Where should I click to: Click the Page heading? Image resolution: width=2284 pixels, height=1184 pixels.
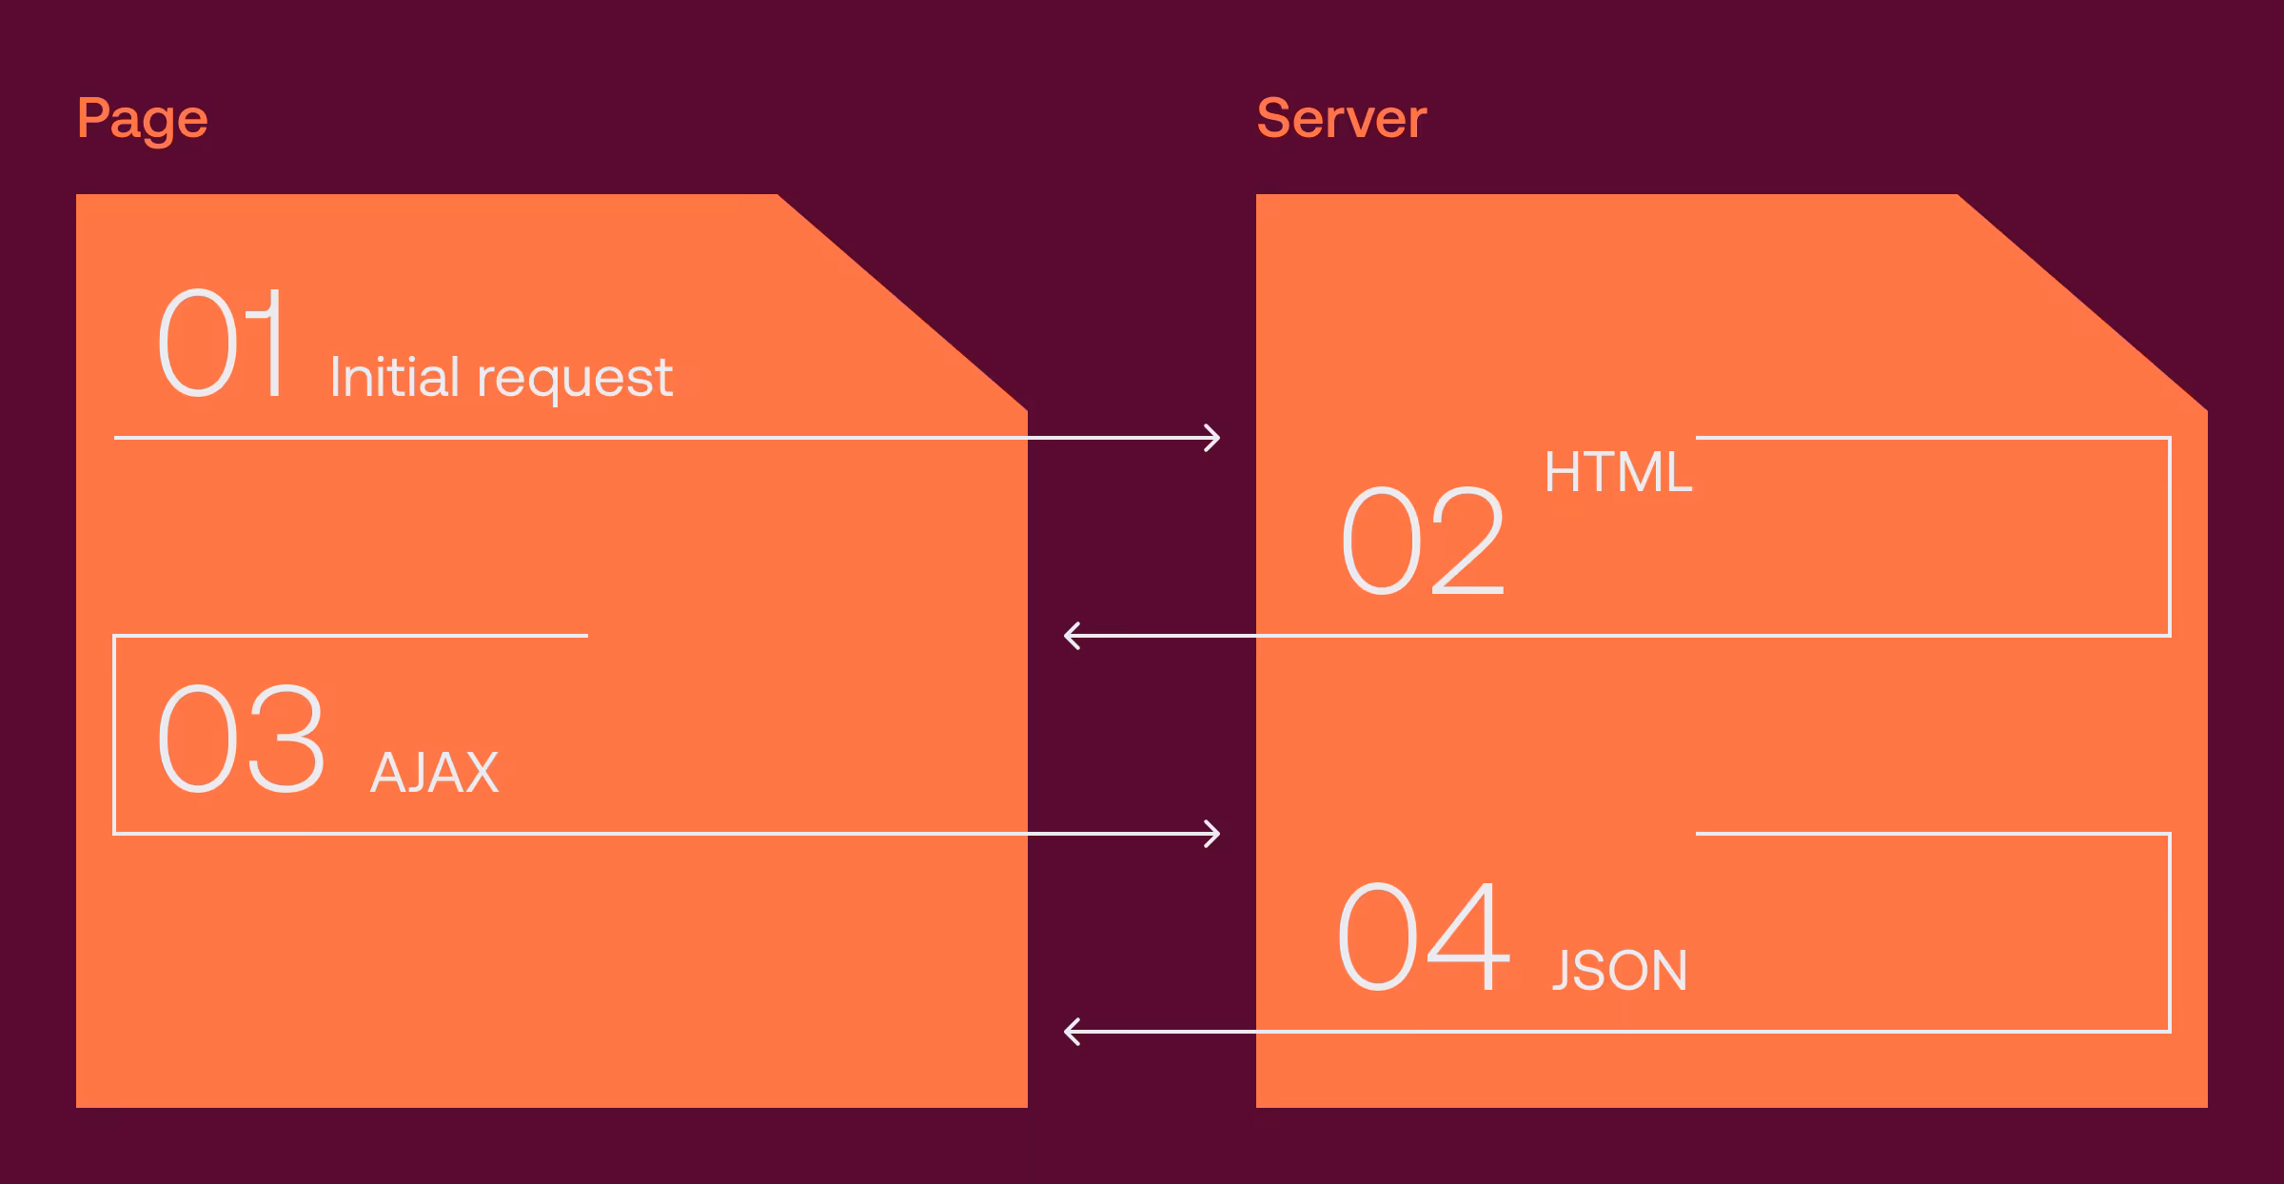pos(142,120)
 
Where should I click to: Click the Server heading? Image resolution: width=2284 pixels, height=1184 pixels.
pos(1341,119)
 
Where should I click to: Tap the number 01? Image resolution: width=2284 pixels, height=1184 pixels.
pos(223,344)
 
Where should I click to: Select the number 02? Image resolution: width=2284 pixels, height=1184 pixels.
pos(1422,541)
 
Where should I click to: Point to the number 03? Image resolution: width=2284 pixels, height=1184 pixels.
pos(241,739)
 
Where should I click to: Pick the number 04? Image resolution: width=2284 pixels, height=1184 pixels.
pos(1422,937)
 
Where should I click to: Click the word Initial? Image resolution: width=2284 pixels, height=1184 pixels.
pos(395,377)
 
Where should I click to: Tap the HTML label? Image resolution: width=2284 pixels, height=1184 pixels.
pos(1617,472)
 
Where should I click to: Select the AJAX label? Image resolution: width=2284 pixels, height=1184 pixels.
pos(434,773)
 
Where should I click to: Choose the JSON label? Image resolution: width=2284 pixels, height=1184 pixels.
pos(1619,971)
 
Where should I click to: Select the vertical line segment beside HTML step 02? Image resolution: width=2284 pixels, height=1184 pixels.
pos(2170,537)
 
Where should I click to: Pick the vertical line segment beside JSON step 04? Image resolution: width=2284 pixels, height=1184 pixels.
pos(2170,933)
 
